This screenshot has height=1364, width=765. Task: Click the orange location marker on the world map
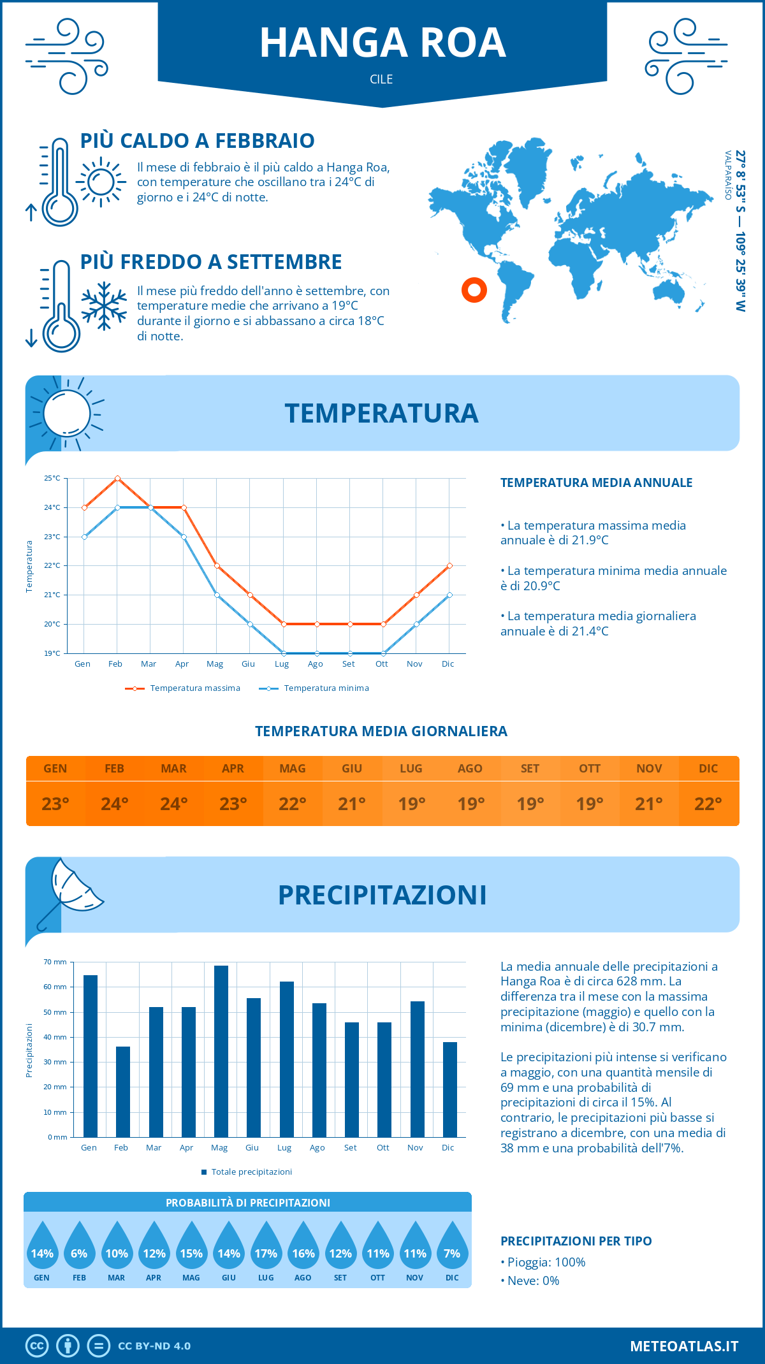coord(474,290)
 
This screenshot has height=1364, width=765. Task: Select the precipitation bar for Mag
coord(221,1052)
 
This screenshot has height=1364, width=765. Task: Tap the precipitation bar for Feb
coord(122,1092)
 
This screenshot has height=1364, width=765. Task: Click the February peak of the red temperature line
coord(117,478)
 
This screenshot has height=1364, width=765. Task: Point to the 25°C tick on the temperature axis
coord(52,478)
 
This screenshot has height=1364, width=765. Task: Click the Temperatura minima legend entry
coord(314,688)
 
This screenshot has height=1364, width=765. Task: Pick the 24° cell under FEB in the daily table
coord(115,804)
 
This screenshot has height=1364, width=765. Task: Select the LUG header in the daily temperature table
coord(411,769)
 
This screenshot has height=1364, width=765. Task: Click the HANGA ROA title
coord(382,43)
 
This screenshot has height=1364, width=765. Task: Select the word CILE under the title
coord(381,79)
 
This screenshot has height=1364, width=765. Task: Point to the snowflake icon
coord(104,306)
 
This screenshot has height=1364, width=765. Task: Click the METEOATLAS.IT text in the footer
coord(683,1346)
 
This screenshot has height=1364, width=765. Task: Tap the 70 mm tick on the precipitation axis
coord(55,962)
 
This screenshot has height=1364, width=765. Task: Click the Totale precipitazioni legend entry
coord(247,1172)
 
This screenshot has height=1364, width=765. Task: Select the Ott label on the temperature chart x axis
coord(381,664)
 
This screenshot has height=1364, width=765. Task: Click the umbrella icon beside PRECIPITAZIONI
coord(70,892)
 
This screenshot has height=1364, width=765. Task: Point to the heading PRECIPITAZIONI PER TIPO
coord(576,1241)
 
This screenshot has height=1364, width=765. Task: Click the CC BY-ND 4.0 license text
coord(154,1346)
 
